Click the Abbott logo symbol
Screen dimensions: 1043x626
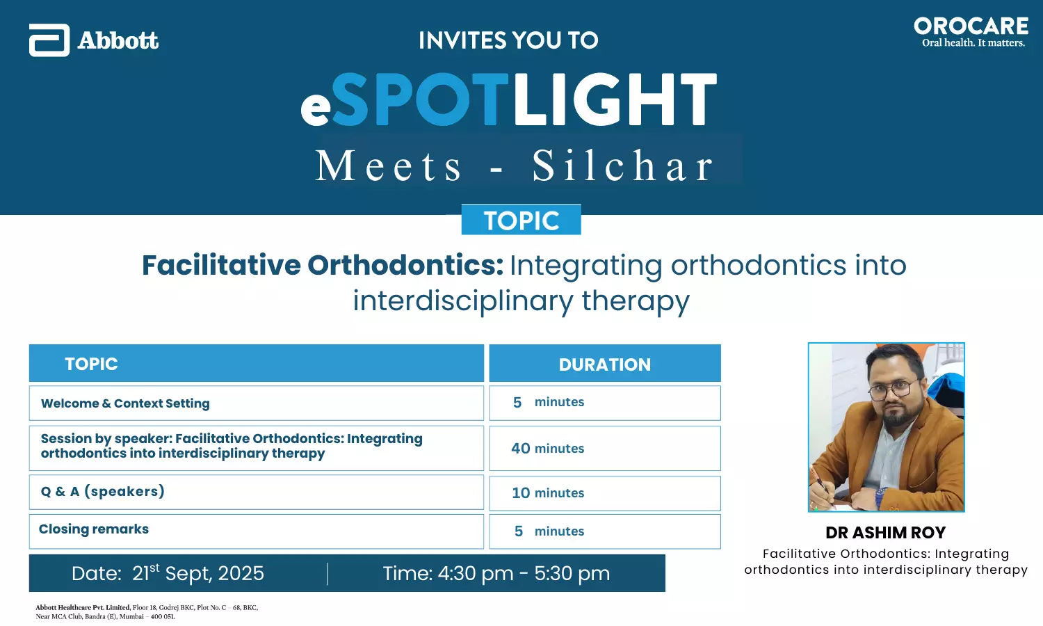(49, 40)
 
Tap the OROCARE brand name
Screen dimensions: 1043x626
(971, 26)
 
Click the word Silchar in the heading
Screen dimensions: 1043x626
(623, 166)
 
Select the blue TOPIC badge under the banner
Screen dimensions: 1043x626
(521, 219)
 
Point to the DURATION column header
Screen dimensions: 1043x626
(605, 363)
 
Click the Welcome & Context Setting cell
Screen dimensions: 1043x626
(257, 403)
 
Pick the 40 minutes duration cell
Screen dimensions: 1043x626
(605, 448)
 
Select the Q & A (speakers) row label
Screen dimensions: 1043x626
(103, 491)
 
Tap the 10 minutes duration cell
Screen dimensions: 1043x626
(605, 493)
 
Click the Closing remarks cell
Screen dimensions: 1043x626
(257, 531)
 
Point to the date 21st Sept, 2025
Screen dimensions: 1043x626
(198, 573)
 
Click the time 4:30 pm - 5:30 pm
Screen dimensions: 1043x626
(524, 573)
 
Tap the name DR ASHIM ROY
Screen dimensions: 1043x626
(886, 532)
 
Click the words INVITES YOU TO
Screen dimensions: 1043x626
(508, 40)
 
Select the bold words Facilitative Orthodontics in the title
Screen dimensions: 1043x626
(323, 265)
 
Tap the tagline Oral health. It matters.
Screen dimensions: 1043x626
(973, 43)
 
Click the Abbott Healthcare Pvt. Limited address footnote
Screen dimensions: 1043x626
(147, 612)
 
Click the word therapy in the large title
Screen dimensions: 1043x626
(636, 301)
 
